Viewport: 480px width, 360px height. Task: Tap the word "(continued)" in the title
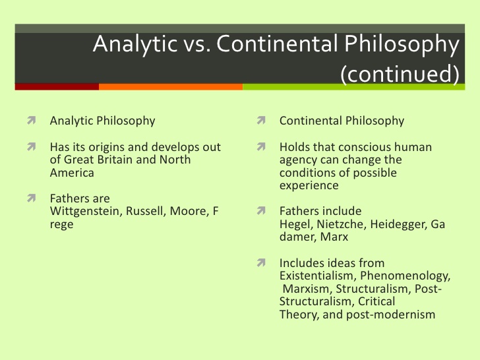click(x=400, y=73)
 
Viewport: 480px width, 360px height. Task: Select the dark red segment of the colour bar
click(x=57, y=86)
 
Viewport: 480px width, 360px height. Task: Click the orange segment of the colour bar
click(x=171, y=86)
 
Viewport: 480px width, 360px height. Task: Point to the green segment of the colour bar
click(x=354, y=86)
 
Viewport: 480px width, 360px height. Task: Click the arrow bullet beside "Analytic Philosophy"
click(x=31, y=120)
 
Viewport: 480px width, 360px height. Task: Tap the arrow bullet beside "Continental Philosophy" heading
click(x=261, y=120)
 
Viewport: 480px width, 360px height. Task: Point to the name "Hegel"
click(x=296, y=225)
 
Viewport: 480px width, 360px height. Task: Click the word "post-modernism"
click(x=390, y=315)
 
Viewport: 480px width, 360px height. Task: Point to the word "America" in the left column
click(x=72, y=173)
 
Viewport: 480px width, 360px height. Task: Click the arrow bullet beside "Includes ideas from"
click(x=261, y=262)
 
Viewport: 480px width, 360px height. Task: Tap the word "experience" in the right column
click(x=309, y=186)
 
